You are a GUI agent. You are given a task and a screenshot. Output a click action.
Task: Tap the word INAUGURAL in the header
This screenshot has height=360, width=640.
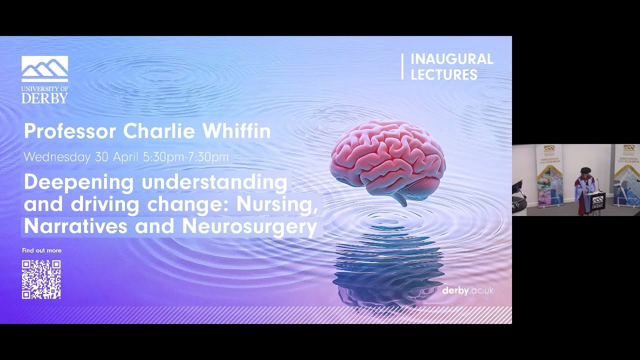(451, 59)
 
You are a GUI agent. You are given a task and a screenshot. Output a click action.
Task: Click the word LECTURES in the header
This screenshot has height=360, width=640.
(443, 75)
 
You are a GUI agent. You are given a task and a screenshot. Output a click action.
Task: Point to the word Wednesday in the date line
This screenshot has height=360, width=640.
(56, 157)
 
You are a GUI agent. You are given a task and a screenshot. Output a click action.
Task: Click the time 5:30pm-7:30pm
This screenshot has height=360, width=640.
(185, 157)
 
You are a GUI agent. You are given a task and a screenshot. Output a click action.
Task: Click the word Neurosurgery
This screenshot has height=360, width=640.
(249, 226)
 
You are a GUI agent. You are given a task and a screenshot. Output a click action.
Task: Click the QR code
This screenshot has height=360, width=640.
(41, 279)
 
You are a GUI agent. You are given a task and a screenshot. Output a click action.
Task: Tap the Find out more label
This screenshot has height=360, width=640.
(41, 250)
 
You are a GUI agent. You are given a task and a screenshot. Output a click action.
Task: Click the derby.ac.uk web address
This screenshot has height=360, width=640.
(467, 290)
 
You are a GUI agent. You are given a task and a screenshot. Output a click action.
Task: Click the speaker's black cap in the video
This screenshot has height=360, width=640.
(585, 170)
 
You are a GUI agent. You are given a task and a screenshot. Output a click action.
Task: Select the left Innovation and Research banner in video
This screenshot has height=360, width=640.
(549, 175)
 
